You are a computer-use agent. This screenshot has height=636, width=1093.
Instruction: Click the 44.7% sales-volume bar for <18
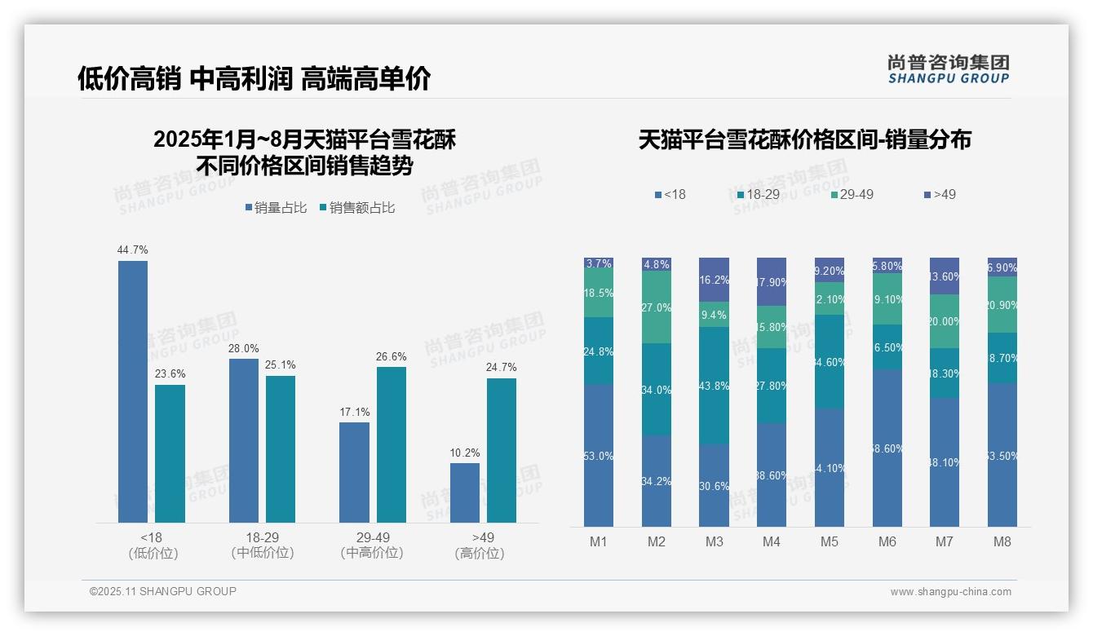click(x=133, y=391)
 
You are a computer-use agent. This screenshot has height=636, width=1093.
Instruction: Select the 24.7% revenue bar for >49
click(x=502, y=450)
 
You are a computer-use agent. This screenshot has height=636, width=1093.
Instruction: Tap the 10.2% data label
click(x=465, y=453)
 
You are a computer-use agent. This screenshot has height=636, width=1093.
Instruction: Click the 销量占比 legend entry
click(x=276, y=208)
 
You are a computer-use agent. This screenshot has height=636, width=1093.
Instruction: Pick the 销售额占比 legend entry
click(x=357, y=208)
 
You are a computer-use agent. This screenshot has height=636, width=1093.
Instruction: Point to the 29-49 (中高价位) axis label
click(x=372, y=545)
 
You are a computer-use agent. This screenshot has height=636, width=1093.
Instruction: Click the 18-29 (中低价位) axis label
click(x=262, y=545)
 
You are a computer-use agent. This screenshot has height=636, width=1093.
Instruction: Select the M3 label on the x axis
click(x=714, y=542)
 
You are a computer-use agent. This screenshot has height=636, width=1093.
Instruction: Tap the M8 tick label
click(x=1002, y=542)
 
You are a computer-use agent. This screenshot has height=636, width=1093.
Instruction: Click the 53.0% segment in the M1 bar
click(x=599, y=456)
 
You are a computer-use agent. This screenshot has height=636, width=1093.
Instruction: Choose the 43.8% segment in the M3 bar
click(x=714, y=386)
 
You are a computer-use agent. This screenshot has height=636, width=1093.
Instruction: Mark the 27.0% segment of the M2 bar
click(x=657, y=307)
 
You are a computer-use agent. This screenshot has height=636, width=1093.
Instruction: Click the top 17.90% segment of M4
click(x=772, y=282)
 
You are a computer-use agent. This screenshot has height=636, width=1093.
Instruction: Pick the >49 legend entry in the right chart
click(x=940, y=195)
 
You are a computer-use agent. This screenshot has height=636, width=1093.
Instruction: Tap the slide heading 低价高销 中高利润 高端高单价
click(x=254, y=79)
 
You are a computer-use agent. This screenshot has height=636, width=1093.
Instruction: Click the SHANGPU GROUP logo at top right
click(x=948, y=69)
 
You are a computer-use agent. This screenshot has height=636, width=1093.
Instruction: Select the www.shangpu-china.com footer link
click(x=950, y=592)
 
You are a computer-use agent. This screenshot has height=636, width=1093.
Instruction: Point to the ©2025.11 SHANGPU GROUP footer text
click(x=163, y=592)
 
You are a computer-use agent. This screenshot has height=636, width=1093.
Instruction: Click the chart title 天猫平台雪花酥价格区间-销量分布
click(x=804, y=140)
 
